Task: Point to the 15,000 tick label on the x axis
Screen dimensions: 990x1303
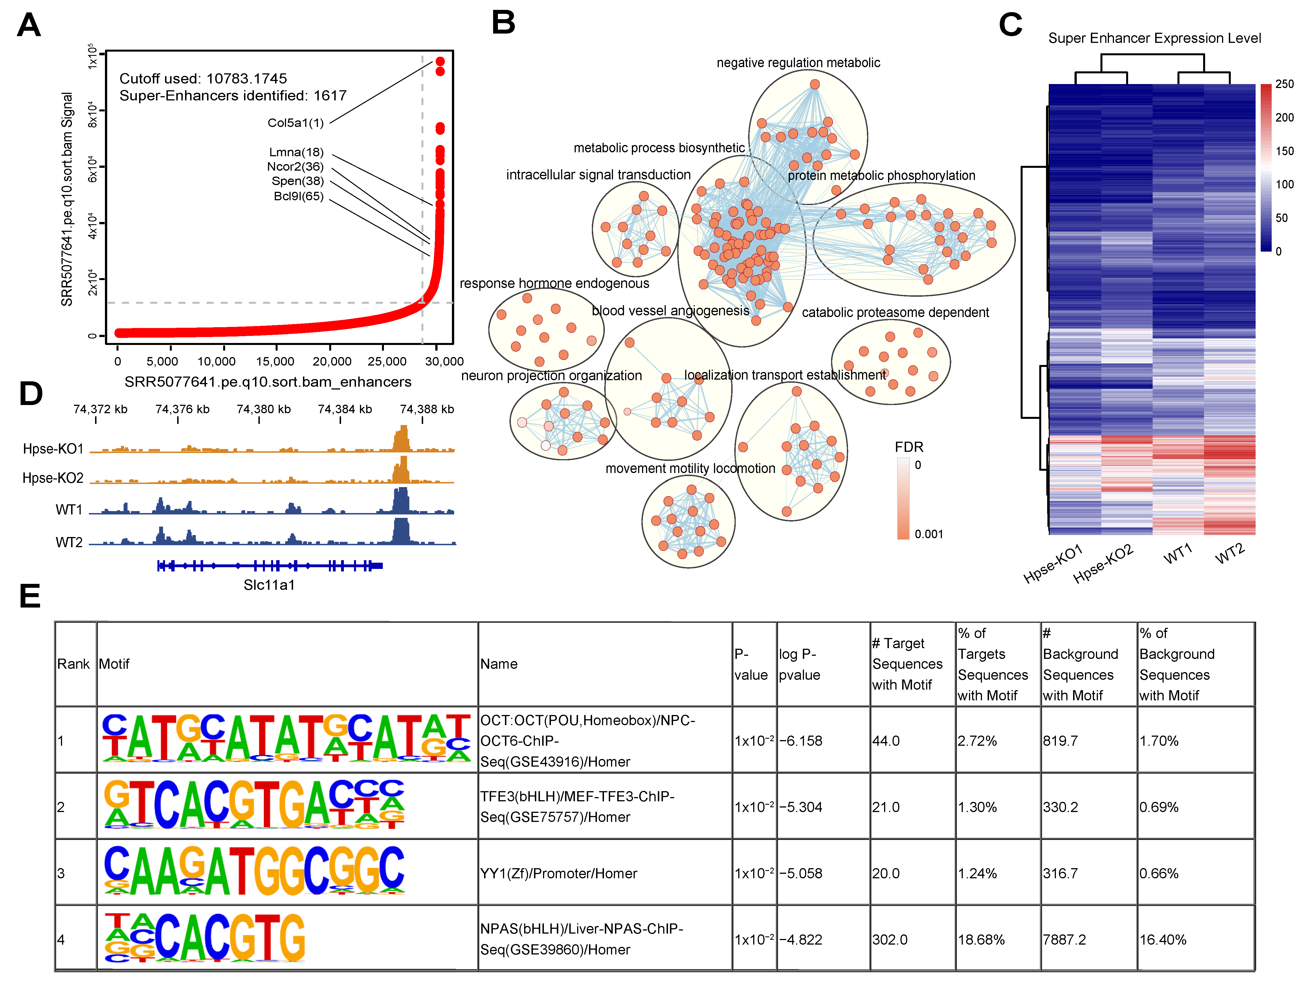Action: [x=275, y=361]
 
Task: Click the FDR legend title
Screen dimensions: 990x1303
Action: [x=909, y=447]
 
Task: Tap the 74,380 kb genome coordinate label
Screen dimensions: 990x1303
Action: [x=263, y=409]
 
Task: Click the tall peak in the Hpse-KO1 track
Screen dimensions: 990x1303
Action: [x=401, y=439]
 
